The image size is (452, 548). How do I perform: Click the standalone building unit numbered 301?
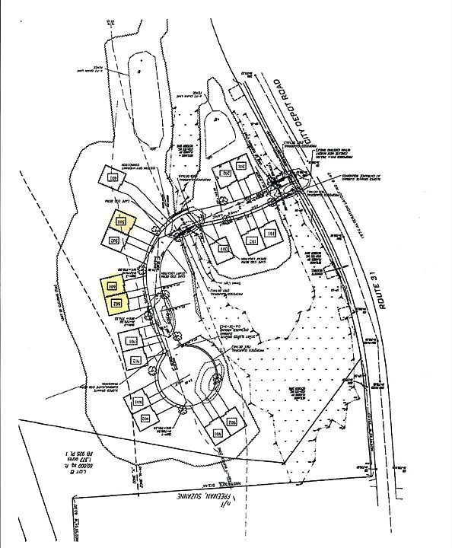click(224, 250)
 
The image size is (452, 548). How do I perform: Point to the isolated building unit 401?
click(115, 177)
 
